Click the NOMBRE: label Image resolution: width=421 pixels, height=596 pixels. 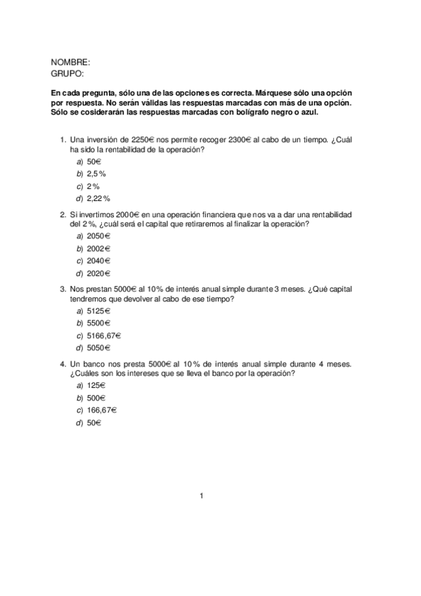click(70, 63)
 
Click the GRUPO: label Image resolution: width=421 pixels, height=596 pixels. click(67, 73)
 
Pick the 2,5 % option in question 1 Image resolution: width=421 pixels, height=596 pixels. click(96, 174)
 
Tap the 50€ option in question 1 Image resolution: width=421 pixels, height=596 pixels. click(94, 162)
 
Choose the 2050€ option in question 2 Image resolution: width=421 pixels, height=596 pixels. click(99, 236)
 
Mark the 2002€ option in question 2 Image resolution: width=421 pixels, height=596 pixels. click(99, 249)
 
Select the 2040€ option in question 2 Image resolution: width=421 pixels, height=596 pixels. click(99, 261)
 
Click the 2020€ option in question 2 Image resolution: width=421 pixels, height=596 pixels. click(99, 273)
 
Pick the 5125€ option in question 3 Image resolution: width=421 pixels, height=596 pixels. click(99, 311)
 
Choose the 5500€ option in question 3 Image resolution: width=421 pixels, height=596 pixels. click(99, 323)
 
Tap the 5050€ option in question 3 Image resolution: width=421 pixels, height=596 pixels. click(99, 348)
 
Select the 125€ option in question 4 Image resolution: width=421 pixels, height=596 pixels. click(96, 385)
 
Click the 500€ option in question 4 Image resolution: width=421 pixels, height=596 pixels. click(96, 398)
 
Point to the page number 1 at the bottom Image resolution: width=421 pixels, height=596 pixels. click(202, 496)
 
